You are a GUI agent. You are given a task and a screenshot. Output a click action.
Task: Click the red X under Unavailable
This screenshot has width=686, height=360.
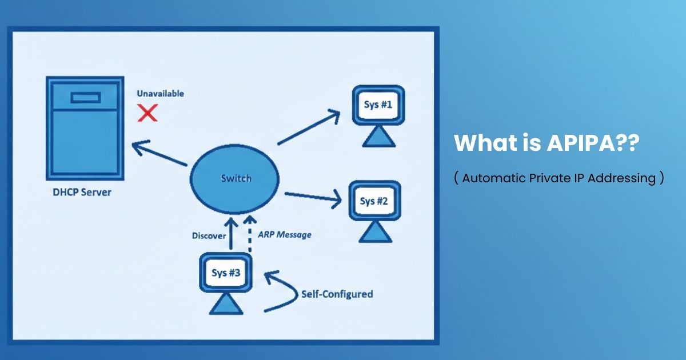coord(148,113)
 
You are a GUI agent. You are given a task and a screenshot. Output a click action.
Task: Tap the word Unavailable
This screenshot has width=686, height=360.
coord(160,93)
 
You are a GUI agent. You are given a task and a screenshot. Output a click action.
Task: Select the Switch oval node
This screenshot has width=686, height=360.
coord(236,178)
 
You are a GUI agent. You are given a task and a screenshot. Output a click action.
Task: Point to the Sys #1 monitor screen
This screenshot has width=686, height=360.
coord(378,105)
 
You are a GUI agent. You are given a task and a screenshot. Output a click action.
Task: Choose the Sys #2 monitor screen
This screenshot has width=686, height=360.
coord(374,201)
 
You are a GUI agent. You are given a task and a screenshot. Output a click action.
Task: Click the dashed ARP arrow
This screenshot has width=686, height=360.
coord(249,234)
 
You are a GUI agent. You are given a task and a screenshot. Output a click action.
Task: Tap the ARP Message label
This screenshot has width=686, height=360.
coord(285,234)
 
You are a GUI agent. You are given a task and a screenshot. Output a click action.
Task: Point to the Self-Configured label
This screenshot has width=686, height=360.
coord(337,294)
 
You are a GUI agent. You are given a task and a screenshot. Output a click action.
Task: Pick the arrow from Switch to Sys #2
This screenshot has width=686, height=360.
coord(313,197)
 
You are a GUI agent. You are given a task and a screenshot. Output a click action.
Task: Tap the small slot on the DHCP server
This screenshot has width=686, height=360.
coord(85,98)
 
